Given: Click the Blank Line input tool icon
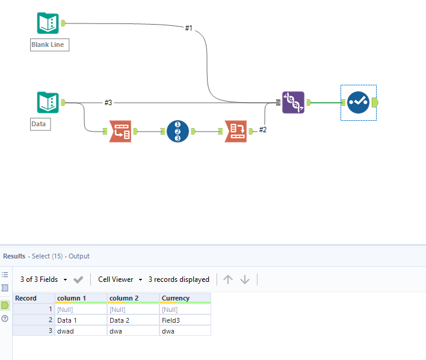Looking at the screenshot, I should [48, 23].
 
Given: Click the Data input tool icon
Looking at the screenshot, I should [48, 102].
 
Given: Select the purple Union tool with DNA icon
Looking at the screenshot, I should [293, 102].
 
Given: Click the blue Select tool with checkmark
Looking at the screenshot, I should [358, 102].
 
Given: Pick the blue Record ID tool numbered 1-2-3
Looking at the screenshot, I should [177, 131].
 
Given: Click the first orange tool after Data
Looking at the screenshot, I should [120, 131].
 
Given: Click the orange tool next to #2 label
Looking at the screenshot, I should [235, 131].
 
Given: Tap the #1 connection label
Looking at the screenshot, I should [188, 28].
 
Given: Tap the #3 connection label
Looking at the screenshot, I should [108, 103].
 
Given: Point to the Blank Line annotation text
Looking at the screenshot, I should [50, 45].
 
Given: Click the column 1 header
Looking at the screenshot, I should [71, 298].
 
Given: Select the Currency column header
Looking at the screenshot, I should [176, 298].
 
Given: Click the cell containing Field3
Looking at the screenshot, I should [171, 320].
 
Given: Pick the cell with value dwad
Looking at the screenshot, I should [66, 331].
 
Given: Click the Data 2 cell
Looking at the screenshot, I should [120, 320].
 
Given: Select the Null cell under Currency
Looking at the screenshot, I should [170, 309].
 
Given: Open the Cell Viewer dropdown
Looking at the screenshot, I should [120, 279].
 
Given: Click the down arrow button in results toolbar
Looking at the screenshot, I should [245, 279].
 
